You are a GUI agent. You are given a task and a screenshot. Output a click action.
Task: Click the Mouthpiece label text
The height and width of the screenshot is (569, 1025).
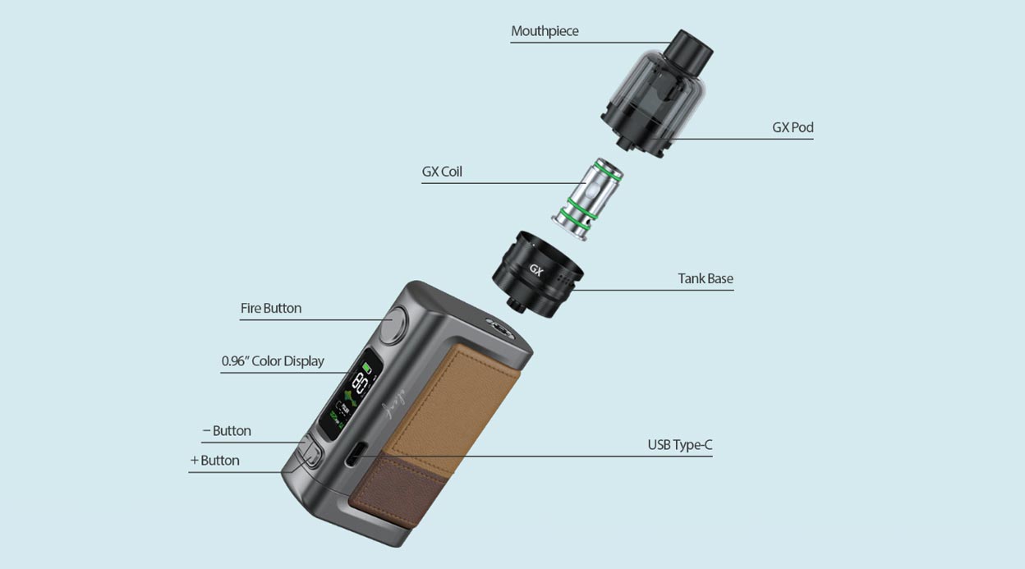point(545,31)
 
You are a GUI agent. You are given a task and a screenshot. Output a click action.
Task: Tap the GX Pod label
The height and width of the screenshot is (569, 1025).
point(793,127)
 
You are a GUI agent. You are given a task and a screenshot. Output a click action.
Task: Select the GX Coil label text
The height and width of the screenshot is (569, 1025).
point(442,172)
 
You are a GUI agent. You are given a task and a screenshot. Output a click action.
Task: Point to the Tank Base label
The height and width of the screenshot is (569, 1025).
point(705,278)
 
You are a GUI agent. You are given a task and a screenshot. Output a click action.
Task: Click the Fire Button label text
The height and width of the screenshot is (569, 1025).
point(270,308)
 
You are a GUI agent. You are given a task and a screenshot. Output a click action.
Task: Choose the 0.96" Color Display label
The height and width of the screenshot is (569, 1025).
point(273,360)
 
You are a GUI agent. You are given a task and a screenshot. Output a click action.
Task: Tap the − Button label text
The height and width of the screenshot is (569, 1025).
point(227,430)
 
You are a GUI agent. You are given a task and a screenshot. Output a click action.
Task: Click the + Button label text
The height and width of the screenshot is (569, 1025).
point(215,460)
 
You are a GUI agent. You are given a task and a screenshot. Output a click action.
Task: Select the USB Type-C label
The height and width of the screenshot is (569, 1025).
point(679,445)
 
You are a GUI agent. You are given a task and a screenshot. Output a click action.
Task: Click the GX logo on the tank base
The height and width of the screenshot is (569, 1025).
point(536,269)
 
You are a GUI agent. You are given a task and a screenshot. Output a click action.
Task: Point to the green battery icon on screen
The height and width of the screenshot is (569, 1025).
point(367,367)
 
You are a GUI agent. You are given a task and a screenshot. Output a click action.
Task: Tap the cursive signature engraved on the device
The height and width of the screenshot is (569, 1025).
point(398,406)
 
